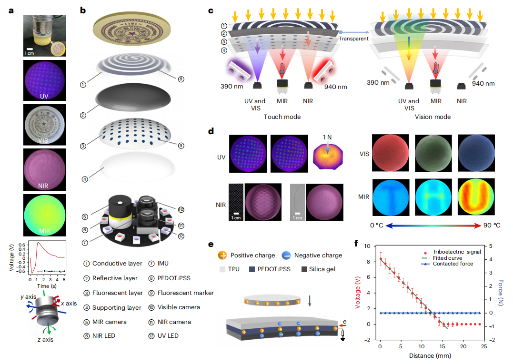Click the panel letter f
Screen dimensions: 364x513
[356, 245]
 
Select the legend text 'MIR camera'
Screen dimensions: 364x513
[109, 322]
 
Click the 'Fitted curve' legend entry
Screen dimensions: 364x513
[449, 257]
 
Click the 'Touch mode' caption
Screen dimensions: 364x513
[283, 117]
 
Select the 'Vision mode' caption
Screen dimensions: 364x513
[433, 117]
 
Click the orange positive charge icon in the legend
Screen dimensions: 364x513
[222, 256]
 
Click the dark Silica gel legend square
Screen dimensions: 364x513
[304, 269]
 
